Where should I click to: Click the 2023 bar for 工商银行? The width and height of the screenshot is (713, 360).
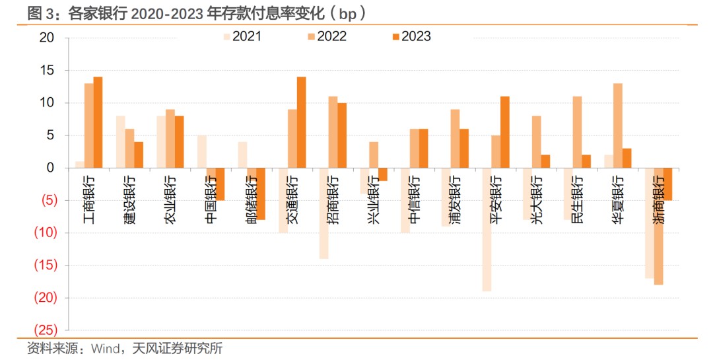click(98, 122)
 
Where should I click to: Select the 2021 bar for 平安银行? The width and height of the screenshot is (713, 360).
click(487, 229)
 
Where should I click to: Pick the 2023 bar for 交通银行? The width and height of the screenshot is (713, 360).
click(301, 122)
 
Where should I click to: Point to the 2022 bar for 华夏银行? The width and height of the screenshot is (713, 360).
click(617, 126)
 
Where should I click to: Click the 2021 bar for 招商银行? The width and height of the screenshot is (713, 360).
click(323, 213)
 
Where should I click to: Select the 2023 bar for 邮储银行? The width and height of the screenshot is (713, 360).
click(260, 194)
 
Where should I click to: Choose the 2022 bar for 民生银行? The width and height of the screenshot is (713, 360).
click(577, 132)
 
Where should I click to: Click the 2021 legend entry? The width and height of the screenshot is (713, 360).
click(242, 36)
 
